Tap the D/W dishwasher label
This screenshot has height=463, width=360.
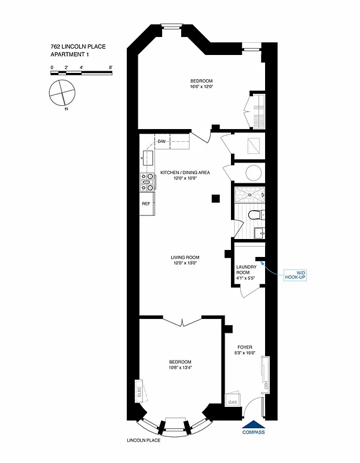(x=162, y=141)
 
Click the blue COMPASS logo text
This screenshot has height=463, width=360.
(x=254, y=432)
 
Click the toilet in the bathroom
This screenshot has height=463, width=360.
(x=254, y=215)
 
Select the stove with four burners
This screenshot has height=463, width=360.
(x=148, y=182)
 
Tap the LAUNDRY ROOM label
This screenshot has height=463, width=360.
(x=247, y=270)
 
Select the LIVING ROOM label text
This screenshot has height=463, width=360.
(x=185, y=258)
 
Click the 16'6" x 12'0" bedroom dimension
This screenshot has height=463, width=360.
(x=202, y=87)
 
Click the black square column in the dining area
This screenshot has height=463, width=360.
(x=216, y=199)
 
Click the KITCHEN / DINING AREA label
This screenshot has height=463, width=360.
(x=185, y=172)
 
